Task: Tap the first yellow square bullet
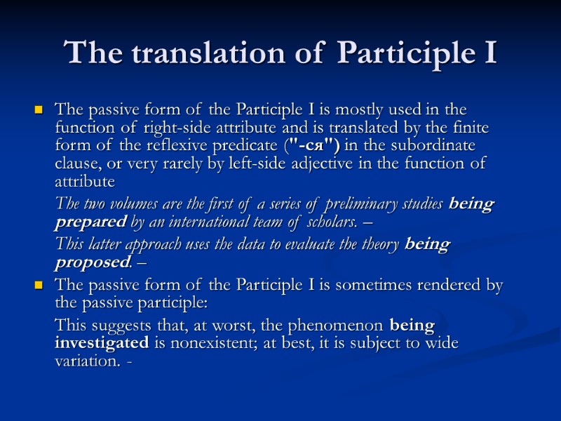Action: [x=39, y=111]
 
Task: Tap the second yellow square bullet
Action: [x=39, y=286]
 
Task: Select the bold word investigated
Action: [x=101, y=344]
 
